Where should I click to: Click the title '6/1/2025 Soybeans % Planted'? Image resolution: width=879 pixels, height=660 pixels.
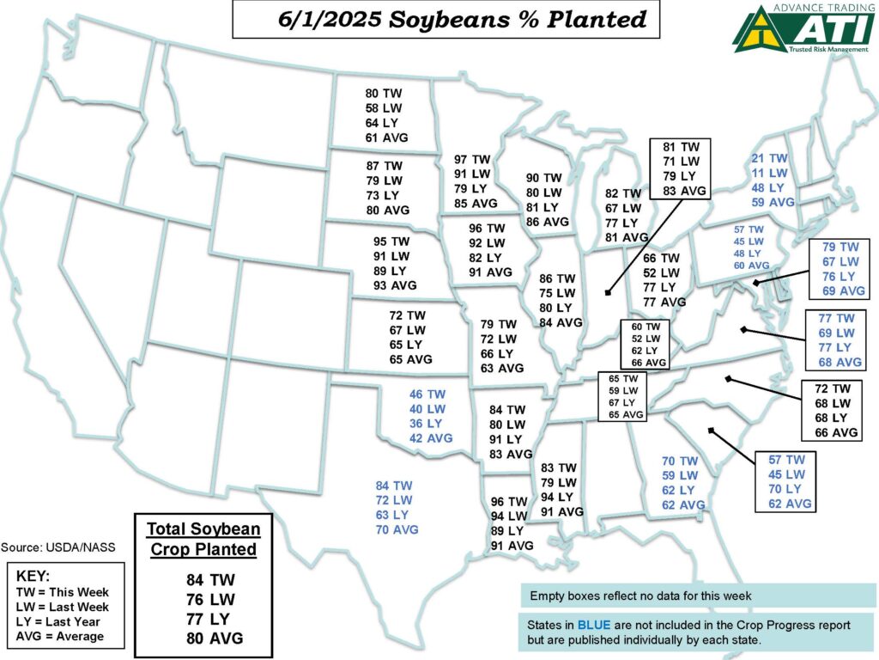coord(446,20)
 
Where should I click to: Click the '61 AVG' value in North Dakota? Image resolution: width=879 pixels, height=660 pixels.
coord(386,137)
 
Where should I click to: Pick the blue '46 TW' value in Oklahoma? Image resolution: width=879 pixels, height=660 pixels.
coord(427,394)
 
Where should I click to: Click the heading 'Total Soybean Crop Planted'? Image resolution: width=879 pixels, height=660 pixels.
coord(203,539)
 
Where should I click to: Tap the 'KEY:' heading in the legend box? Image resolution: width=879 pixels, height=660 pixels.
coord(33,576)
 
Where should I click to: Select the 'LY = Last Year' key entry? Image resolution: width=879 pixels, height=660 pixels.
coord(58,621)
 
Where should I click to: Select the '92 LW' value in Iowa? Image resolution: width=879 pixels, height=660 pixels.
coord(488,243)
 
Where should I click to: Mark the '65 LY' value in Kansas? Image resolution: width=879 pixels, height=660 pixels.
coord(407,345)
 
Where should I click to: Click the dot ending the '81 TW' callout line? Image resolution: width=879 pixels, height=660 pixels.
coord(607,292)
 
